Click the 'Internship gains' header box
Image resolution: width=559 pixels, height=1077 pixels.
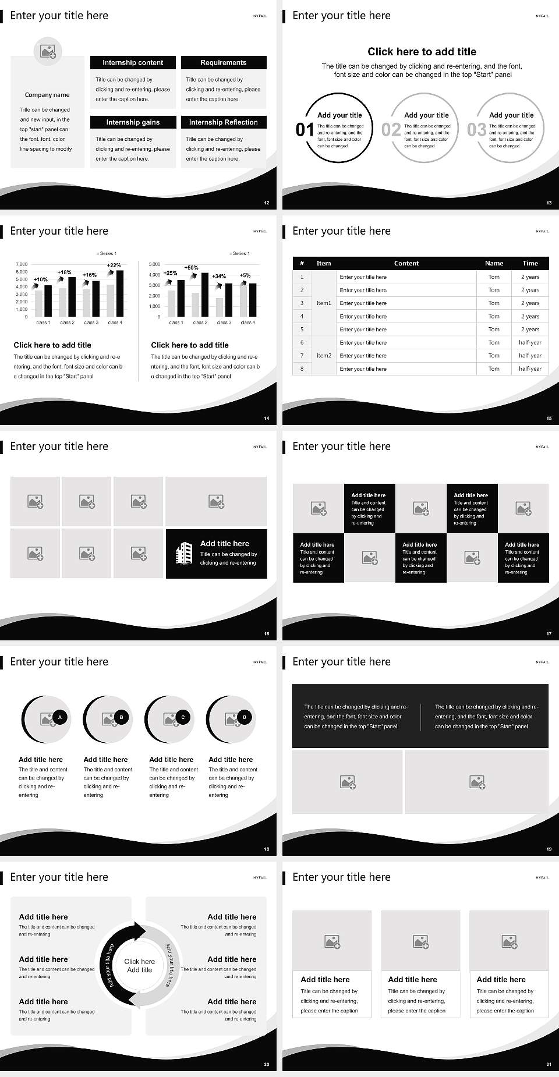click(x=133, y=122)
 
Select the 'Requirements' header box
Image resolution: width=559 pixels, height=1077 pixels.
click(x=224, y=62)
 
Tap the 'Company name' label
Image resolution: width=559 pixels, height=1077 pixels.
click(x=47, y=95)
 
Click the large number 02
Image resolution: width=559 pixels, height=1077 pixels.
click(x=391, y=130)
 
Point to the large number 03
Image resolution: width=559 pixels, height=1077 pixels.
click(x=476, y=130)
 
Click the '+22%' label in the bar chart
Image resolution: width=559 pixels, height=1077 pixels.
click(x=114, y=265)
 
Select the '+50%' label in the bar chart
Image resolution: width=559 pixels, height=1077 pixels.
click(x=192, y=268)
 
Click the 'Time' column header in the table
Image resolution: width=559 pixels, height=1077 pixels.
click(x=530, y=263)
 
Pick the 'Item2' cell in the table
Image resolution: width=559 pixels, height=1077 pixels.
click(x=324, y=356)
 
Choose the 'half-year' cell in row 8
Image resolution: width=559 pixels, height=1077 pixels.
click(x=530, y=369)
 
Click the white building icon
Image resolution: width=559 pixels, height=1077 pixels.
click(x=184, y=553)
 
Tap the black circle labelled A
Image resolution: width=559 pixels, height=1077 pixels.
click(x=60, y=717)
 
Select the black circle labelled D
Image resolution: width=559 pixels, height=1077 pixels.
click(x=245, y=717)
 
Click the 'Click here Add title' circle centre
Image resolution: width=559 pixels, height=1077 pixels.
click(x=140, y=966)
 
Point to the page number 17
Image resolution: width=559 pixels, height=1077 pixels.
click(x=549, y=634)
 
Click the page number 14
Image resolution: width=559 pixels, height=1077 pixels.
click(x=267, y=419)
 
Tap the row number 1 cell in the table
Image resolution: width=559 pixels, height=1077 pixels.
click(x=302, y=277)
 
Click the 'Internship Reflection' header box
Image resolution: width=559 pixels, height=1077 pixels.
click(x=224, y=122)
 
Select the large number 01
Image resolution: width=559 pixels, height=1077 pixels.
click(x=305, y=130)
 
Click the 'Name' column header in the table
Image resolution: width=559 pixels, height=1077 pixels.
click(x=494, y=263)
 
